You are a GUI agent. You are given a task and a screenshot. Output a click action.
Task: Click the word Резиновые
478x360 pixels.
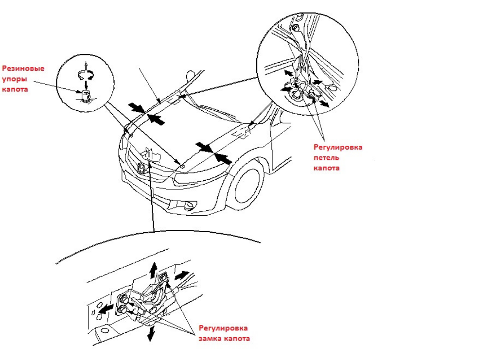click(x=24, y=69)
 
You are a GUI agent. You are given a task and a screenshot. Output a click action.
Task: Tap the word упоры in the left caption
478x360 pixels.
click(x=15, y=79)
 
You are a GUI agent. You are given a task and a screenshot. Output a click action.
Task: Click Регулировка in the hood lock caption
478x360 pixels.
click(x=223, y=328)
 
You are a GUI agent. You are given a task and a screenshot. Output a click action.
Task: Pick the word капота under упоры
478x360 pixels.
click(x=17, y=89)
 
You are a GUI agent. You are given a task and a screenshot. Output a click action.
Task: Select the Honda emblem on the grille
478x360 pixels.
click(x=140, y=169)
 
